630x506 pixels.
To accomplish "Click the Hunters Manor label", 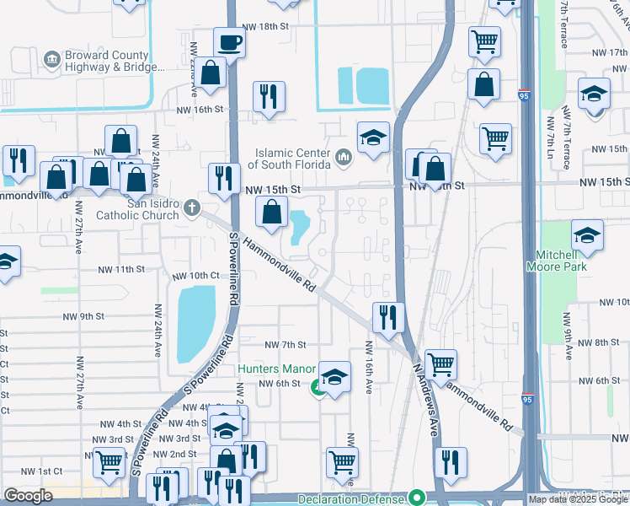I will tap(275, 369).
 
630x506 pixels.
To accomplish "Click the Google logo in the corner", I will tap(28, 496).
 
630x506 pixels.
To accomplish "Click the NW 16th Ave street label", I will tap(368, 368).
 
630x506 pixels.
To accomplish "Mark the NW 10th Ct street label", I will tap(195, 276).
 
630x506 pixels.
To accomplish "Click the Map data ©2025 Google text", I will tap(579, 499).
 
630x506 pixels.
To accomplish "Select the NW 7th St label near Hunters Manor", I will tap(286, 345).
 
